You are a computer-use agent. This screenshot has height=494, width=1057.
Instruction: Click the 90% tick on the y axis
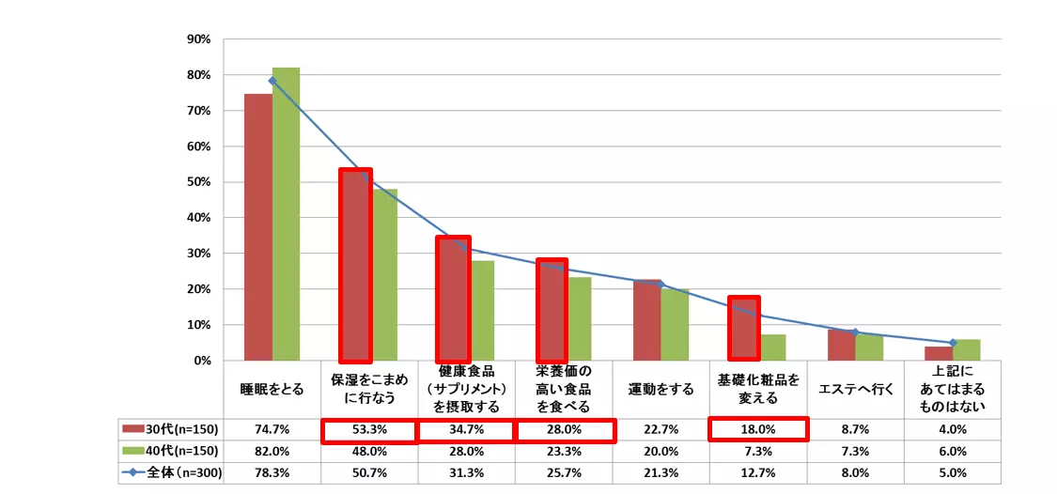click(198, 39)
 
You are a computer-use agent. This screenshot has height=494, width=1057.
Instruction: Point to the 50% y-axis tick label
click(198, 182)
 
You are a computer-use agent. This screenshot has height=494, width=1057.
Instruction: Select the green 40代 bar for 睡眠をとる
click(286, 214)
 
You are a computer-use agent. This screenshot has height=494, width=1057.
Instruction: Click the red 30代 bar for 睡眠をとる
click(258, 227)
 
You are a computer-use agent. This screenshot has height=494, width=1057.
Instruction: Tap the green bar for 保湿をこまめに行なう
click(383, 274)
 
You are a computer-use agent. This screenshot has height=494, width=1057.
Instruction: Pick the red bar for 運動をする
click(646, 320)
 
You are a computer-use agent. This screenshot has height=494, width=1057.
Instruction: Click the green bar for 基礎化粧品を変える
click(772, 347)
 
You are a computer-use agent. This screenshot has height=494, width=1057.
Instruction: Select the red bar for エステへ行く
click(841, 345)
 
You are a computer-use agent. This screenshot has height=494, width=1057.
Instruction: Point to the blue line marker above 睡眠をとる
click(272, 81)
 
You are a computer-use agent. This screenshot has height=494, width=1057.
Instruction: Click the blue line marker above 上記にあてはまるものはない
click(953, 343)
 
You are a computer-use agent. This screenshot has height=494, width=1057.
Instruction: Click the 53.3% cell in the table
click(369, 429)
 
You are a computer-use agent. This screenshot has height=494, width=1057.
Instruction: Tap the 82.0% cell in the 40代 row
click(272, 451)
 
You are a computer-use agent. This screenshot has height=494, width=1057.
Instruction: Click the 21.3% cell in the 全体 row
click(661, 472)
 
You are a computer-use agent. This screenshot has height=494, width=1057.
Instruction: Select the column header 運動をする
click(661, 389)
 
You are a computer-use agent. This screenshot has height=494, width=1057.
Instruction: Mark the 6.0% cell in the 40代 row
click(953, 451)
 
